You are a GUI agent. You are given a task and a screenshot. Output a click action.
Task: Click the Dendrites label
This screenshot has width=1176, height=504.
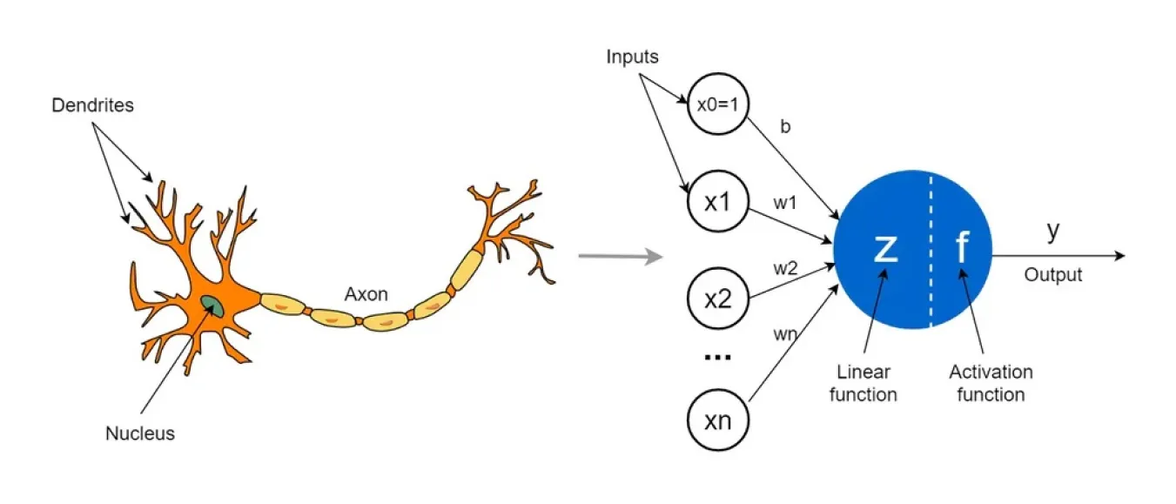[93, 105]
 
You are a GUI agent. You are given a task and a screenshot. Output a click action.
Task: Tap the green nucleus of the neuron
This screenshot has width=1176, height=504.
[212, 305]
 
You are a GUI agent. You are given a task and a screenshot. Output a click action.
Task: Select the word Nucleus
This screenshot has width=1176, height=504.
[139, 433]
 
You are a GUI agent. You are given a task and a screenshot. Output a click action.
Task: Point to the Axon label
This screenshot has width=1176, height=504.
[366, 294]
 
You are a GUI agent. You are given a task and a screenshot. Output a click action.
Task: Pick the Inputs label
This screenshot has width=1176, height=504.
[633, 57]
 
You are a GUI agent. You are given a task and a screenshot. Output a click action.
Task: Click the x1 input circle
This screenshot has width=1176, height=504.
[716, 201]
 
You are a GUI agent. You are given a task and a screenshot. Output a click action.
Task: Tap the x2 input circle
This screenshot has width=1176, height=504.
[716, 300]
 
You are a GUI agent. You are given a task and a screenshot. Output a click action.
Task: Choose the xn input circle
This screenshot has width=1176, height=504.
[716, 421]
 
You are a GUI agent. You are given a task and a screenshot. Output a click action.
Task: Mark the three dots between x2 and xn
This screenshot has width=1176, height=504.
[716, 357]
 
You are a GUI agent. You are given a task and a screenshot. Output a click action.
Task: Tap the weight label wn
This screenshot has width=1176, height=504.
[785, 333]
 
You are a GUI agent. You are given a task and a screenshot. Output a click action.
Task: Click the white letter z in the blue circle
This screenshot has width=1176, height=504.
[885, 248]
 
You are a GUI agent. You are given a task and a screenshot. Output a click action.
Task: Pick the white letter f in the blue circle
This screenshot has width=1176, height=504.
[962, 249]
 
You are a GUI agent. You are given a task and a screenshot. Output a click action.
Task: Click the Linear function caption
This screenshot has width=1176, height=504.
[863, 383]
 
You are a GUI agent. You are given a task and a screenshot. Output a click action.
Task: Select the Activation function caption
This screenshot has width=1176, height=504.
[991, 383]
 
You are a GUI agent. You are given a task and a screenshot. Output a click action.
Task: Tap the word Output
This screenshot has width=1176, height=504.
[1052, 275]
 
